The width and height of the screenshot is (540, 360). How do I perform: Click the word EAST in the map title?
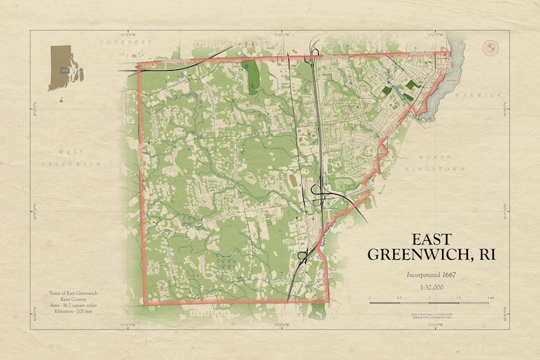(431, 240)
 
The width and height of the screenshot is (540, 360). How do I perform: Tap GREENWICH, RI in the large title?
(431, 255)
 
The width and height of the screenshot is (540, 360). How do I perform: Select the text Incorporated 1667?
(431, 275)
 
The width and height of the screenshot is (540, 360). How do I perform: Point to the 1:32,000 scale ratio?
(431, 287)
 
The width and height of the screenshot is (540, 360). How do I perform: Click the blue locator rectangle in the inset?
(64, 70)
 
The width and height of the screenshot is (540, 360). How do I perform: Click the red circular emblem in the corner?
(489, 48)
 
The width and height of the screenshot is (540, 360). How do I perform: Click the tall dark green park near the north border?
(253, 76)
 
